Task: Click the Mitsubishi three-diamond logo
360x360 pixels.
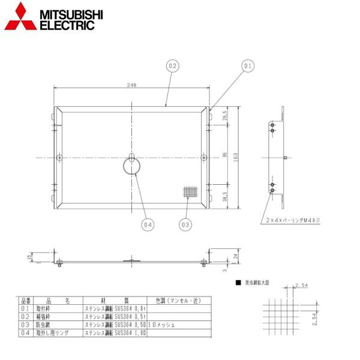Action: click(x=19, y=17)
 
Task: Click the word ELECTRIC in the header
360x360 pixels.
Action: click(x=67, y=25)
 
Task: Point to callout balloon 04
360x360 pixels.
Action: click(x=148, y=225)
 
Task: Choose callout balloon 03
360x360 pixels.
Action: click(x=186, y=225)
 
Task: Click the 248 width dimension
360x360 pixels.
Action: click(x=132, y=85)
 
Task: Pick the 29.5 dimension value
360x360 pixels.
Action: click(x=225, y=116)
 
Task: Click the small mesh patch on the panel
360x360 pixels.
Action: click(x=190, y=193)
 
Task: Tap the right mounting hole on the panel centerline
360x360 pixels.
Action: click(x=204, y=157)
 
